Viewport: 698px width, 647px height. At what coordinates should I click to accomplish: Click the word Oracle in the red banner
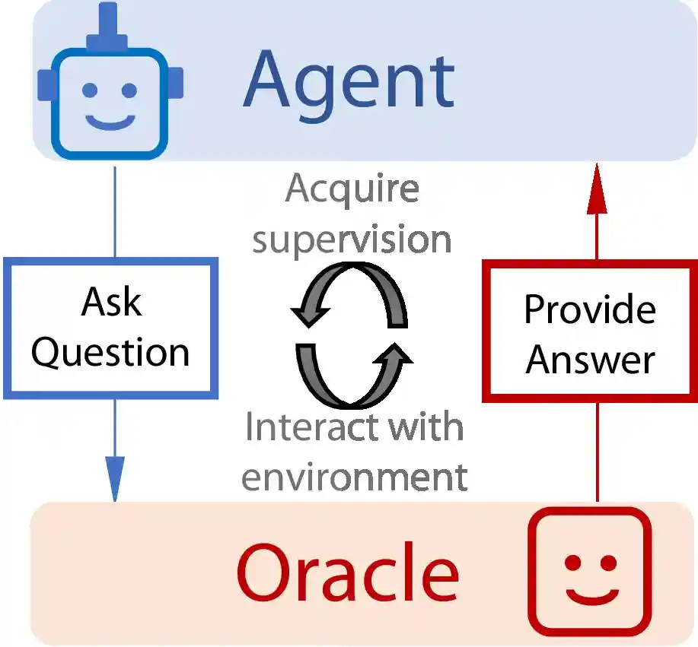click(x=348, y=572)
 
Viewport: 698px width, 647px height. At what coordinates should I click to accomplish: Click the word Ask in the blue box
click(x=111, y=302)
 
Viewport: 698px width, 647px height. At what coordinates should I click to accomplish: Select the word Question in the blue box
click(x=111, y=352)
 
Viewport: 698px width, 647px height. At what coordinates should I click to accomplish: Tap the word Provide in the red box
click(x=590, y=309)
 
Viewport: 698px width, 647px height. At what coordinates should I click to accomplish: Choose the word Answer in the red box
click(x=590, y=359)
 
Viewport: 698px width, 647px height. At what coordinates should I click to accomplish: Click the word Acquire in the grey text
click(x=352, y=189)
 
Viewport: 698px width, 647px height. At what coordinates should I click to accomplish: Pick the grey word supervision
click(x=352, y=239)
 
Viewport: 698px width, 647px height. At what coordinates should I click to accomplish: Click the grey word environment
click(x=354, y=477)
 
